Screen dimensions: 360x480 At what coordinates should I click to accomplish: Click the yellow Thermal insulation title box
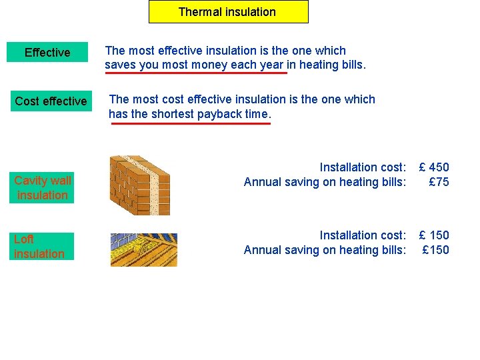[x=228, y=12]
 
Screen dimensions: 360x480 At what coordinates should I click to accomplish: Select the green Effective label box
[x=47, y=53]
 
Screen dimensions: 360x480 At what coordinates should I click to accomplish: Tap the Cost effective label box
[x=51, y=101]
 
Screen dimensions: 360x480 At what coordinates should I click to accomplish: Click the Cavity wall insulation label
[x=42, y=187]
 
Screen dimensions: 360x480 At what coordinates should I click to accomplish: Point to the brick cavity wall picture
[x=140, y=185]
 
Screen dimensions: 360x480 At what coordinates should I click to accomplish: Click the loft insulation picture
[x=144, y=249]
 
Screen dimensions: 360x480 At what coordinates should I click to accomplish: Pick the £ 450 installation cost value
[x=433, y=167]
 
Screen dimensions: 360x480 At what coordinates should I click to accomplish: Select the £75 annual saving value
[x=439, y=182]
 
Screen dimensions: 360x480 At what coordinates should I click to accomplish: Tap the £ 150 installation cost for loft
[x=433, y=235]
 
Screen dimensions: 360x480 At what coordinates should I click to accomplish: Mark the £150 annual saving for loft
[x=436, y=250]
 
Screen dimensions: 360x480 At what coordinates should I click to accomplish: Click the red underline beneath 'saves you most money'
[x=195, y=73]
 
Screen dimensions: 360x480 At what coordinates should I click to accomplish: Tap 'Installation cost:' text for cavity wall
[x=362, y=167]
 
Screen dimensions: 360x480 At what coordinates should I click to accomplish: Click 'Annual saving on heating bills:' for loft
[x=325, y=250]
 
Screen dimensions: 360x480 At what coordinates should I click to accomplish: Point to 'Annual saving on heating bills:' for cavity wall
[x=325, y=182]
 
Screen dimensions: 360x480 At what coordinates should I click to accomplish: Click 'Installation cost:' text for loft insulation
[x=362, y=235]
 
